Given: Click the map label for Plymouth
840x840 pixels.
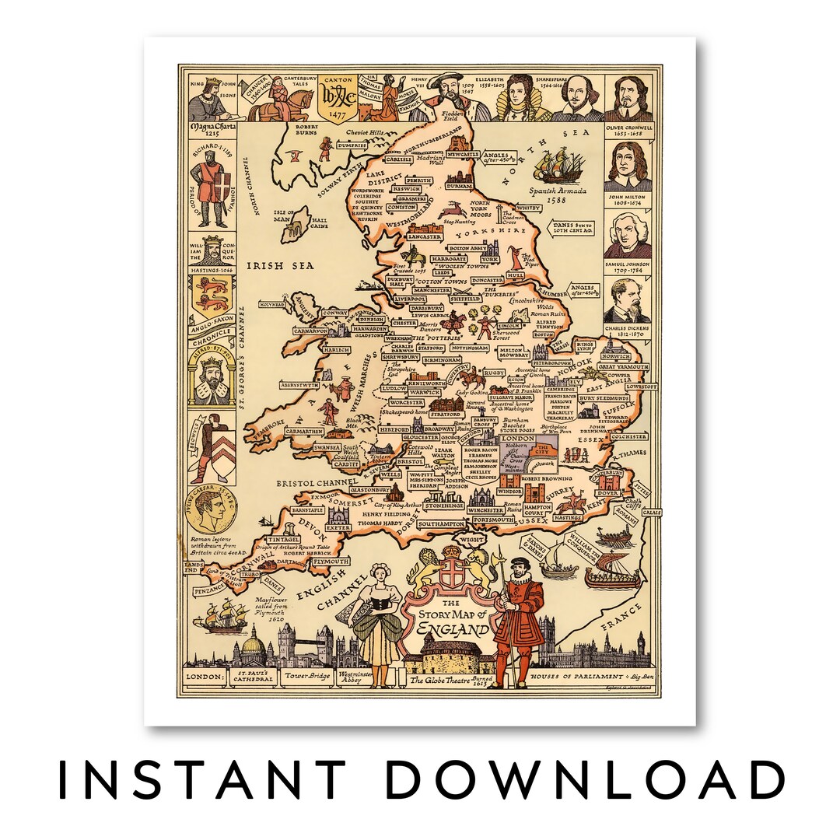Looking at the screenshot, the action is click(331, 560).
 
